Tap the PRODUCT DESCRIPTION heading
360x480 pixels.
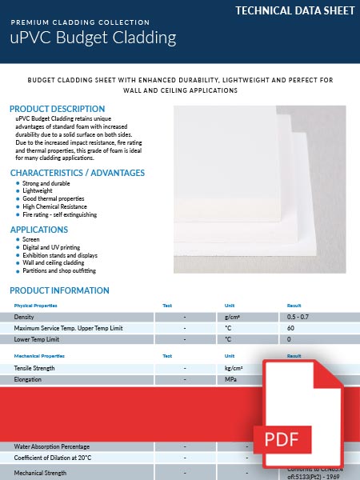click(57, 109)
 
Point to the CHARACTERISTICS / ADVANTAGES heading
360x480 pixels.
click(77, 173)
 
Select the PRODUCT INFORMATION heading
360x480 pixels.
click(59, 290)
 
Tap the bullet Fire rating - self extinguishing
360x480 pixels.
click(60, 214)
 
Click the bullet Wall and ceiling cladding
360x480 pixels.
click(53, 262)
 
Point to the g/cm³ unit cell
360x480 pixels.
click(234, 318)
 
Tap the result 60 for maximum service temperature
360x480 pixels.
click(291, 329)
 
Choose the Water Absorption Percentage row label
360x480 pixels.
click(52, 446)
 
